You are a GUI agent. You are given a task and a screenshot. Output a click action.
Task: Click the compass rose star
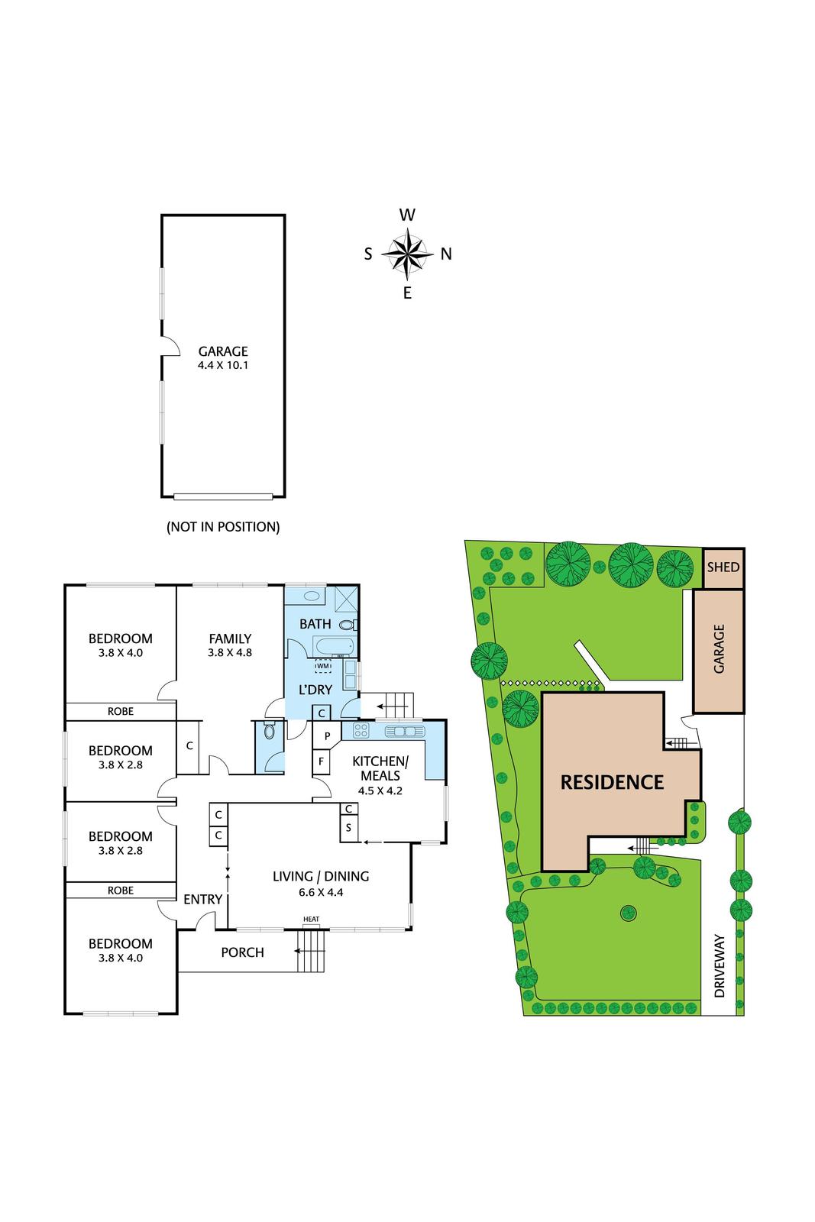coord(407,254)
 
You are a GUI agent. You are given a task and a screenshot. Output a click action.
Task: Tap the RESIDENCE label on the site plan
coord(612,782)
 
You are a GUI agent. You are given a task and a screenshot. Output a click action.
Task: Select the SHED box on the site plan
coord(723,567)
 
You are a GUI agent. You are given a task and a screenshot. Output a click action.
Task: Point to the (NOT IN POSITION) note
coord(223,526)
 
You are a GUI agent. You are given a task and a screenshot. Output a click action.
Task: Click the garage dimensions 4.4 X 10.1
coord(223,365)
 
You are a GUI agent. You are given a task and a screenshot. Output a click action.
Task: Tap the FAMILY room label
coord(230,638)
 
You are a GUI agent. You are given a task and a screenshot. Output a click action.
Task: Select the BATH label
coord(315,624)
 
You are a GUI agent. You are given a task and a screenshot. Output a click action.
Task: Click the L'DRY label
coord(315,690)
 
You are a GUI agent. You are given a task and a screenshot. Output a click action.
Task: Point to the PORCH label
coord(242,952)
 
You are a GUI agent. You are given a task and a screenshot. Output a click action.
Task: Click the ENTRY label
coord(202,900)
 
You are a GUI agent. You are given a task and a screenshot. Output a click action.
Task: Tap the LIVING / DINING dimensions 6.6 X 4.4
coord(321,891)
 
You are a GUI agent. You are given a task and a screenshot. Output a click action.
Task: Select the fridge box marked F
coord(322,761)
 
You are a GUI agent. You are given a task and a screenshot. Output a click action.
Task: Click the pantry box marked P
coord(327,736)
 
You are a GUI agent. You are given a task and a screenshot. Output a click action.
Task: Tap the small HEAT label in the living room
coord(311,919)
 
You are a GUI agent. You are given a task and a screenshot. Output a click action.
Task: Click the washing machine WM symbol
coord(324,666)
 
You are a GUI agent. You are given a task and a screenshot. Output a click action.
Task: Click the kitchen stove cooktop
coord(361,730)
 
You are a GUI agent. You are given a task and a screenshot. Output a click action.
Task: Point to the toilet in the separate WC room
coord(268,731)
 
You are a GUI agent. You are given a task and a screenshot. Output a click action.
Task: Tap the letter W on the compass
coord(407,215)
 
